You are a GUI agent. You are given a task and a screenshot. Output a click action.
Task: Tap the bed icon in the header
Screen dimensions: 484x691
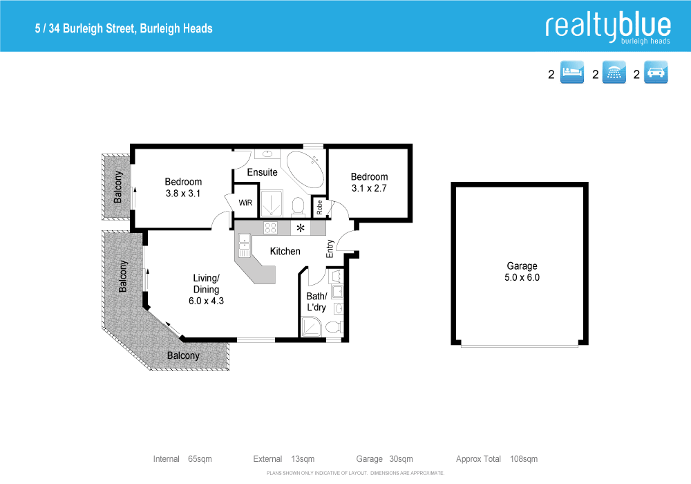[571, 73]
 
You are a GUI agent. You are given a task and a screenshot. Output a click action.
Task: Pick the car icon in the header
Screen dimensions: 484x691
[656, 73]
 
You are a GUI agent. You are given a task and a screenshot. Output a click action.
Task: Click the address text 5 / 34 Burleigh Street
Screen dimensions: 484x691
[124, 29]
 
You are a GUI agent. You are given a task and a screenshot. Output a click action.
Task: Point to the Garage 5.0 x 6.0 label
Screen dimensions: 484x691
[522, 272]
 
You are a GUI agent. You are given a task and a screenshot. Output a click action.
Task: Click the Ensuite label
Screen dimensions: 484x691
[263, 172]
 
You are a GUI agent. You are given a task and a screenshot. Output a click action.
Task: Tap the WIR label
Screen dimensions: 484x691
[245, 203]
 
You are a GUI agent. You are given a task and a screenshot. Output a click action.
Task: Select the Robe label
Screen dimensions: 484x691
[319, 205]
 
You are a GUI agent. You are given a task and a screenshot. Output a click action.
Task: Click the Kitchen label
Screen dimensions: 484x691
[285, 251]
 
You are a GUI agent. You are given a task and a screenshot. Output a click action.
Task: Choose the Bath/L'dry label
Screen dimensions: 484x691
[316, 301]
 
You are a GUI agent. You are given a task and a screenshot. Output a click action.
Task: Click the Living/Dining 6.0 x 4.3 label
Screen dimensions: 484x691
[206, 290]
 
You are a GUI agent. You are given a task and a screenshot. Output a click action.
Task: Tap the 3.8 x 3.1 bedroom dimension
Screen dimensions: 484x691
[183, 194]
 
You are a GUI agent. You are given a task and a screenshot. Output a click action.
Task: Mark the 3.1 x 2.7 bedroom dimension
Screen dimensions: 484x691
[369, 188]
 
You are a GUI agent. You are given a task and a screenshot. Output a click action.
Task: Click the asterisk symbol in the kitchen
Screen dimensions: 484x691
[301, 227]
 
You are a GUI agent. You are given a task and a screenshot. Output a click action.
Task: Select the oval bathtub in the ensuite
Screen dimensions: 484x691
[304, 169]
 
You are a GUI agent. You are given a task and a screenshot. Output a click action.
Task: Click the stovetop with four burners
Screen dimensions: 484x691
[271, 227]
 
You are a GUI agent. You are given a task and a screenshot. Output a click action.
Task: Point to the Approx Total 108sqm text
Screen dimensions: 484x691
[496, 459]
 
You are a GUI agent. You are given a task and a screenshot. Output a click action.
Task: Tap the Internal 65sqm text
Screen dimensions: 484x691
[182, 459]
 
